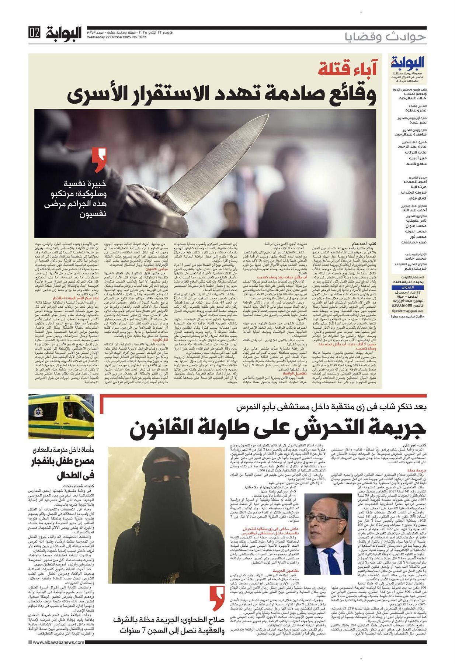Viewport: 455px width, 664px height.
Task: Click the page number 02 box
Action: coord(34,33)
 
